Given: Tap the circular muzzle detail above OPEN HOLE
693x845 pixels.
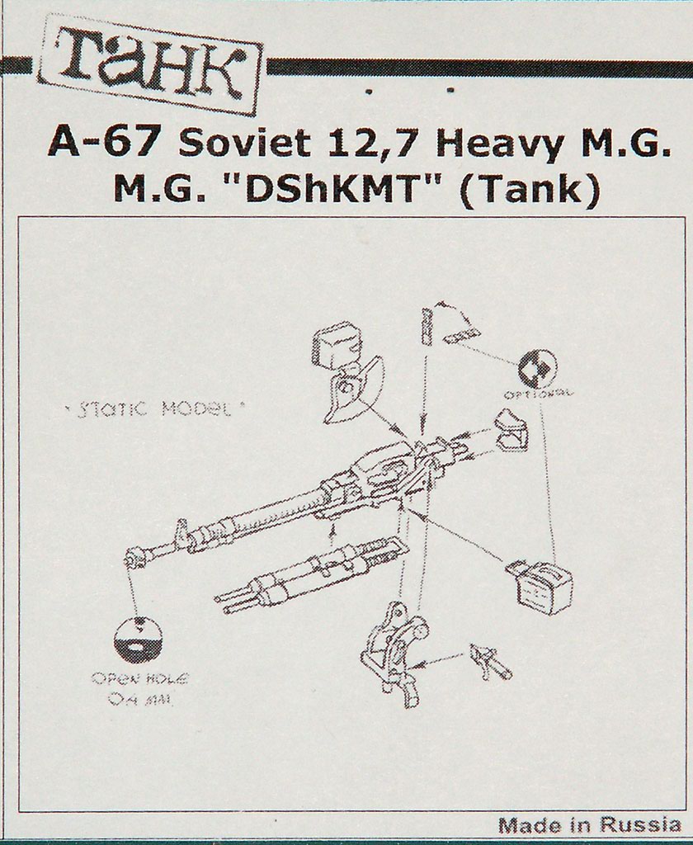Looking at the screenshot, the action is pyautogui.click(x=138, y=639).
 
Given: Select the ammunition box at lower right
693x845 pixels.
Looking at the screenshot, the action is pyautogui.click(x=540, y=584).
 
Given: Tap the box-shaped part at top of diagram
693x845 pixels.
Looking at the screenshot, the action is pyautogui.click(x=336, y=347).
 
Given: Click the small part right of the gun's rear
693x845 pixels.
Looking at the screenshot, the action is pyautogui.click(x=511, y=432).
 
